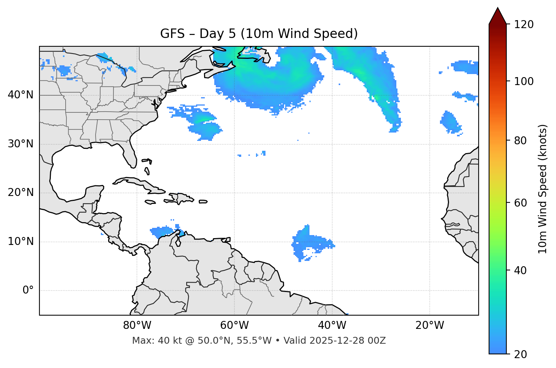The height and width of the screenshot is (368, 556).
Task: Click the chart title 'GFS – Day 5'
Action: coord(259,34)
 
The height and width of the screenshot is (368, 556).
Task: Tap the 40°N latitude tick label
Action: coord(20,95)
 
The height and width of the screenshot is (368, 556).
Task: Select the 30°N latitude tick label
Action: coord(20,144)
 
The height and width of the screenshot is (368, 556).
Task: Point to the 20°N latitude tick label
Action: coord(20,193)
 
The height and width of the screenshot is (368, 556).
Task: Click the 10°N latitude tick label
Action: coord(20,242)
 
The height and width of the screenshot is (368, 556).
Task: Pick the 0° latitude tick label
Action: coord(28,291)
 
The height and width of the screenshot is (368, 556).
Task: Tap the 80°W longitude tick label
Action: coord(137,325)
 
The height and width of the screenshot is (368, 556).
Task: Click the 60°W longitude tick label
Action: coord(234,325)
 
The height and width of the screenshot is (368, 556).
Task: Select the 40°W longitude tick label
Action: coord(332,325)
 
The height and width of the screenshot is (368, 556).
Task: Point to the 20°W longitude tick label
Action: coord(430,325)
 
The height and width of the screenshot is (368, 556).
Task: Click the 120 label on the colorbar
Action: coord(524,25)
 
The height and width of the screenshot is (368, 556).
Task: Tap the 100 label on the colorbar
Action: coord(524,81)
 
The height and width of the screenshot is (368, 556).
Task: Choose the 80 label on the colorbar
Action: coord(521,141)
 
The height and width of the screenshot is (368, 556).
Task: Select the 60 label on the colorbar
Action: coord(521,203)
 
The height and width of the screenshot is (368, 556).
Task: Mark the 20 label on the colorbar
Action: coord(521,354)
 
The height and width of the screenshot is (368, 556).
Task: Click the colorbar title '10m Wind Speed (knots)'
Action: coord(543,189)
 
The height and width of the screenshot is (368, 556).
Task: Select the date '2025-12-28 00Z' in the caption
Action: coord(347,341)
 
